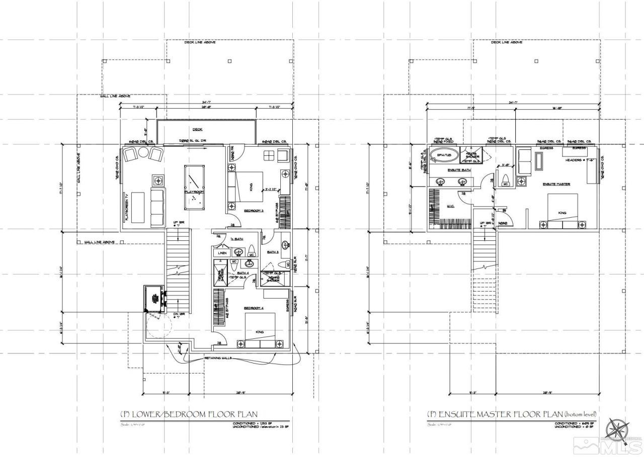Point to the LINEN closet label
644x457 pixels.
click(x=222, y=253)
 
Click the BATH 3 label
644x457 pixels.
click(x=273, y=252)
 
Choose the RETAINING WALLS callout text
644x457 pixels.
click(x=218, y=358)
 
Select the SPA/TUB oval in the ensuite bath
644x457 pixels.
click(x=444, y=155)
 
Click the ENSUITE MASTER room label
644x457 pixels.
click(x=556, y=184)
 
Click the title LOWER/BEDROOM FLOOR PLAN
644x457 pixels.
click(x=189, y=415)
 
